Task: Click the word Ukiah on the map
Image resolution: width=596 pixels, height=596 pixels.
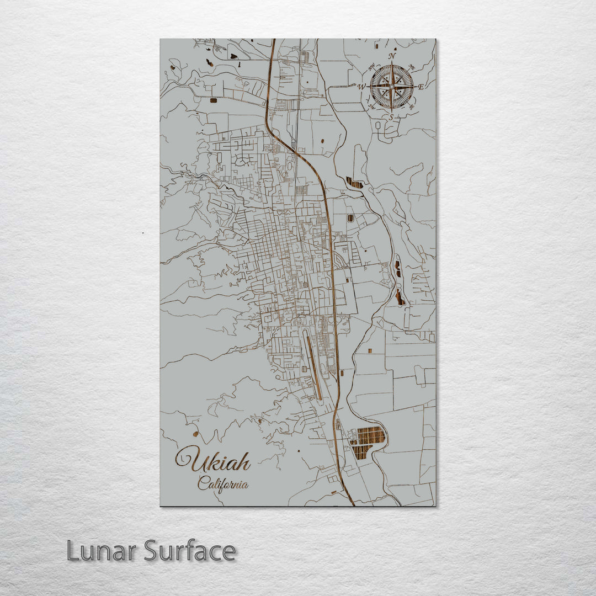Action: (214, 460)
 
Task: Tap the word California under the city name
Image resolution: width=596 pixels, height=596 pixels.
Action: (223, 485)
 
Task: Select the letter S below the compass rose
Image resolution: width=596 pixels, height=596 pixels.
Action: (391, 117)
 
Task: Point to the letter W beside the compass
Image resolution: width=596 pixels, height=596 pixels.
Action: (361, 87)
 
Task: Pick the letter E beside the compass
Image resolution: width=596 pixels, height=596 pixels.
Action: (421, 87)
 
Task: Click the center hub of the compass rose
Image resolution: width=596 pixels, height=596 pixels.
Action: (391, 87)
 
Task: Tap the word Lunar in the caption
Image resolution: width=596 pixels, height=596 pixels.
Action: (102, 551)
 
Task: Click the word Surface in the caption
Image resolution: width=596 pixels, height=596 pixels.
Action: (190, 551)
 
